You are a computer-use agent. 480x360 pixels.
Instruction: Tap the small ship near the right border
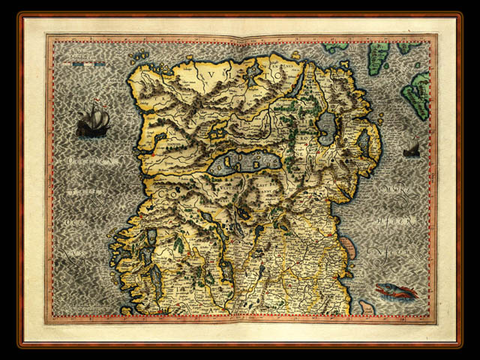411,150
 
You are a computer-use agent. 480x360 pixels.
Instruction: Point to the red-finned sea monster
395,291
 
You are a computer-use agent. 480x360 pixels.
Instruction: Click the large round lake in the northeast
328,128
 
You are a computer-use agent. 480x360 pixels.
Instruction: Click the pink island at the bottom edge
366,307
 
